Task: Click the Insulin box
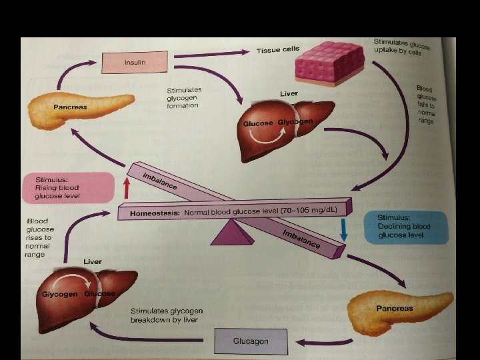coord(134,63)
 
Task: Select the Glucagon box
coord(251,341)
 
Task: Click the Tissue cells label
coord(278,50)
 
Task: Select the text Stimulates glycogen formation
coord(183,97)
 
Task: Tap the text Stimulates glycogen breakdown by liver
coord(167,315)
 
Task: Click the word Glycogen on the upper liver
coord(295,123)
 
